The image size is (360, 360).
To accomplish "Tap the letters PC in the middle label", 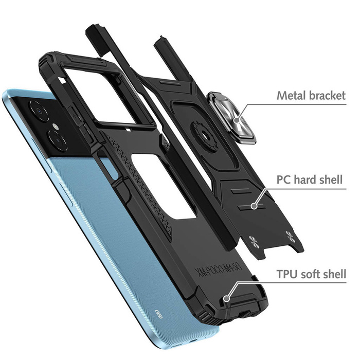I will pos(283,180).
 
